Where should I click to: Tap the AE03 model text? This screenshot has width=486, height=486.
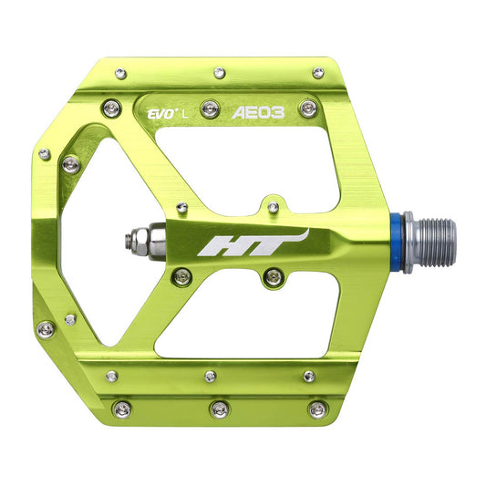point(258,113)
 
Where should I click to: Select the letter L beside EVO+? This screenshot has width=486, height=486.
point(185,115)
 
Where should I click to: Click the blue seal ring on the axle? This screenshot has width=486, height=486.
point(396,243)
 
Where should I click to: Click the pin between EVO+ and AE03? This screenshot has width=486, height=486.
point(210,109)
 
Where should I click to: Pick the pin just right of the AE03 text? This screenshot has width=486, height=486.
point(309,109)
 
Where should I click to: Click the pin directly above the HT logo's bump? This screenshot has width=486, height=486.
point(273,206)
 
